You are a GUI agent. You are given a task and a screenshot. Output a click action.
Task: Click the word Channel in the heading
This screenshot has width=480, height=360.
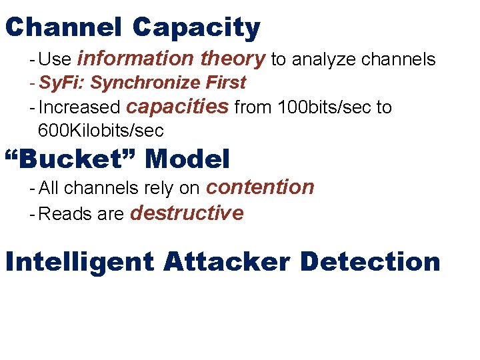pos(63,27)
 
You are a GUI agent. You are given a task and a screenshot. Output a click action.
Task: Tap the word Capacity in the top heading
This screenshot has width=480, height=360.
pos(196,27)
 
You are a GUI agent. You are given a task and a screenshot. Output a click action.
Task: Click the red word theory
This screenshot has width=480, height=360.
pos(233,59)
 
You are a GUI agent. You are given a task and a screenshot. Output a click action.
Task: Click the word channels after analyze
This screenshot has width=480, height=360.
pos(399,60)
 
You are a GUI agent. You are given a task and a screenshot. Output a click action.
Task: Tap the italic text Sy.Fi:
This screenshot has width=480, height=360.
pos(62,83)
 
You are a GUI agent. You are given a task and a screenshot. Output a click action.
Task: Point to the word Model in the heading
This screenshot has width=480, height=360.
pos(187,159)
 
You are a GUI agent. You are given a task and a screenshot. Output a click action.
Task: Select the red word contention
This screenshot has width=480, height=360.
pos(260,187)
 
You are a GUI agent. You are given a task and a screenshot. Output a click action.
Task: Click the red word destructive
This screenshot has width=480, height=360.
pos(187,213)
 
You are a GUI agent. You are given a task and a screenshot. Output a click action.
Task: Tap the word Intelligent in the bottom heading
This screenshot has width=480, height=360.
pos(79,261)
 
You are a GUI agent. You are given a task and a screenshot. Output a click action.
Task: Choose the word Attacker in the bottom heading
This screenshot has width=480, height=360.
pos(227,261)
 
